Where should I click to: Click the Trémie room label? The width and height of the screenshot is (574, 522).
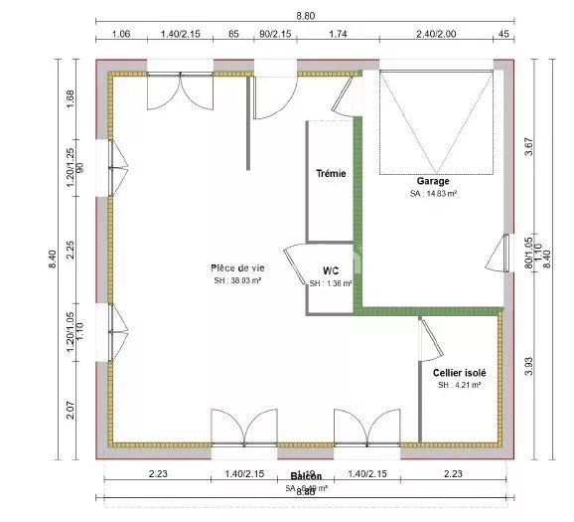tap(331, 173)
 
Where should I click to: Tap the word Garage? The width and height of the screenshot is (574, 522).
tap(433, 181)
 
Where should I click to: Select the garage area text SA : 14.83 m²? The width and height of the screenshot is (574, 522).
tap(433, 194)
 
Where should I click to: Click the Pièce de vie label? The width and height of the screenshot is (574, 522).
tap(237, 267)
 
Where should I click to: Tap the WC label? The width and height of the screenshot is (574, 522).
tap(332, 270)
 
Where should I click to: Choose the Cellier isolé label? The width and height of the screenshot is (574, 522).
tap(459, 373)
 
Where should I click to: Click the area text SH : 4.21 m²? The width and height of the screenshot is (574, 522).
tap(459, 385)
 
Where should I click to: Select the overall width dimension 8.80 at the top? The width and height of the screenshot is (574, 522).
tap(305, 16)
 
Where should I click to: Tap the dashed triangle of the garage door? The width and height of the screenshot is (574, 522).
tap(435, 119)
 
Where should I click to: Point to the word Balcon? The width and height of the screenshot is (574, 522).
tap(305, 477)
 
